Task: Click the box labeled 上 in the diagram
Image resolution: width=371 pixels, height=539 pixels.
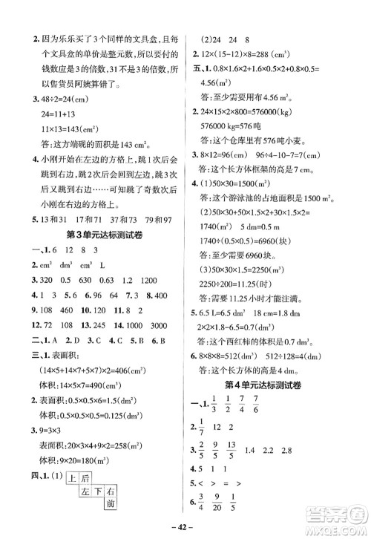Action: tap(73, 479)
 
